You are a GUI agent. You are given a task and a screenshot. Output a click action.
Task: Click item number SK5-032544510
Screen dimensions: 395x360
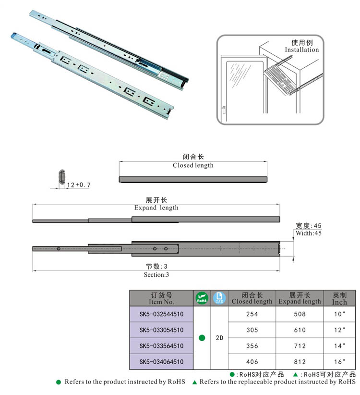162,314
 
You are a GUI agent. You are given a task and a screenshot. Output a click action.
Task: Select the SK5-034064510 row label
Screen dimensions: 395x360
162,362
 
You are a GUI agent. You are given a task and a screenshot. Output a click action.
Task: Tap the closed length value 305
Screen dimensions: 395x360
252,330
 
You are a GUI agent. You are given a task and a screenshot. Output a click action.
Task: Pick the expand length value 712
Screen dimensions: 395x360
299,346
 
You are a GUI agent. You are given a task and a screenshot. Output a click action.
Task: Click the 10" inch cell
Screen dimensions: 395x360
339,314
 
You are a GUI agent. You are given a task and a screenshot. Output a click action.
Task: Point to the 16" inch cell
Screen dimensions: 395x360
339,362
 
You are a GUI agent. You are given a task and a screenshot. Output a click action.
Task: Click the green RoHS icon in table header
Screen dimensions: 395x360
202,298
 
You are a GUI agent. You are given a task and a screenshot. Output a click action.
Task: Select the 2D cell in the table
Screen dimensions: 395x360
219,338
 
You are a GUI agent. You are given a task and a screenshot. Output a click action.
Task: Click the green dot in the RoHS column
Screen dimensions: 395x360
202,338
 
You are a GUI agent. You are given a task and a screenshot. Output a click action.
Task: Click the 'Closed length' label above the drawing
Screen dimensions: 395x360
193,165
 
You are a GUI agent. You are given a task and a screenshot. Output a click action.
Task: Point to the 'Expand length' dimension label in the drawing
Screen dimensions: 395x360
156,208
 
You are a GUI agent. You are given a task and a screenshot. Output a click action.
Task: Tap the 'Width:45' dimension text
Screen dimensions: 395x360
309,233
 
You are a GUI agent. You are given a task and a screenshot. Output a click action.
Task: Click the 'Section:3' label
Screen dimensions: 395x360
156,275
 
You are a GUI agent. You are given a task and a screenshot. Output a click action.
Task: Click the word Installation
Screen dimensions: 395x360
301,49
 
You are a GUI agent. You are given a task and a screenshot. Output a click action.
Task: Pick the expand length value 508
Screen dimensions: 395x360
299,314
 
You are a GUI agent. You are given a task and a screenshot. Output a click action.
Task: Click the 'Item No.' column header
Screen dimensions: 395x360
162,302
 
